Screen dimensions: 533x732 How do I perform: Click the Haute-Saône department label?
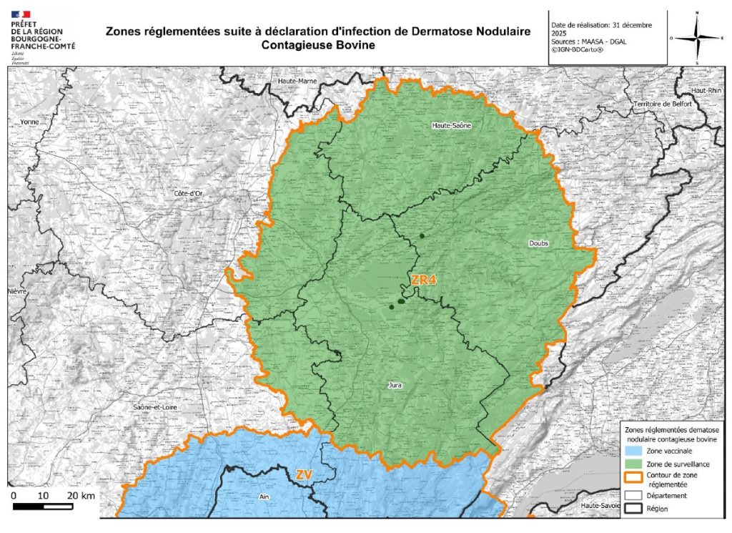451,125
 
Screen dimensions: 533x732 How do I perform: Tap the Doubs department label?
538,243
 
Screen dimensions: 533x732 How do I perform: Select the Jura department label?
394,385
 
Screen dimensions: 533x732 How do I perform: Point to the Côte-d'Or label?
189,194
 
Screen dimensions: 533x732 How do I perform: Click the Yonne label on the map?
30,122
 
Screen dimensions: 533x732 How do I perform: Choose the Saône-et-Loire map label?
155,407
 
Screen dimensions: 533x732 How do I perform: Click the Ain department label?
264,495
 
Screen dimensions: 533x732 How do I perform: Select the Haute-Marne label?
297,81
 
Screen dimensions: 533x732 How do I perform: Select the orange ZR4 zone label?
423,280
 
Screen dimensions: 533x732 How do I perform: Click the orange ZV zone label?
304,474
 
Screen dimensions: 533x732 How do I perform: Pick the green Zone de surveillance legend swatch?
633,464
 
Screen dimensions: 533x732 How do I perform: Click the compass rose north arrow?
697,37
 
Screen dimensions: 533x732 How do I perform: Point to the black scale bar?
43,507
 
